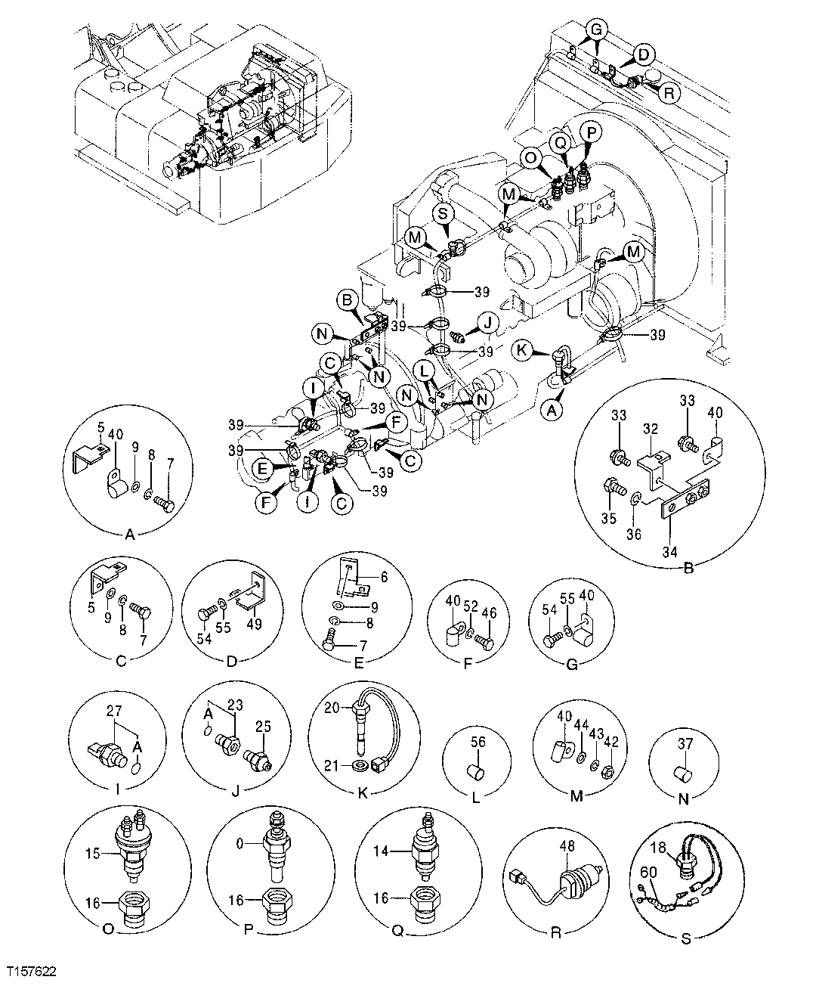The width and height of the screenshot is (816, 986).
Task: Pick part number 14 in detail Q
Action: [x=382, y=852]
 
